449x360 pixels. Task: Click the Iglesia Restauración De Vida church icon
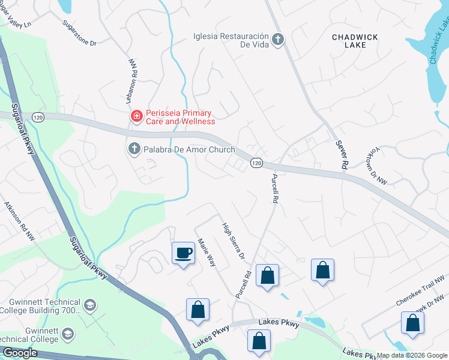277,40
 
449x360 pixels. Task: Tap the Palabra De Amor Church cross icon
134,148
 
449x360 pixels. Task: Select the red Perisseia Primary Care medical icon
137,116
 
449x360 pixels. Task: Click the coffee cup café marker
183,253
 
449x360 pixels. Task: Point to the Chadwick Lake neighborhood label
355,41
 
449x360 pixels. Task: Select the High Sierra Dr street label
234,241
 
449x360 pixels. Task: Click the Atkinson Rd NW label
20,221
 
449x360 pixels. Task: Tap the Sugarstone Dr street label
79,34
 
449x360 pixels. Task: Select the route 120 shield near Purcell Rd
256,163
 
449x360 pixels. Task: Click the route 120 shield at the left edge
38,116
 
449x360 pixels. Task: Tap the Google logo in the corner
19,353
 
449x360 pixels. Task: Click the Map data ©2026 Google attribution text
411,355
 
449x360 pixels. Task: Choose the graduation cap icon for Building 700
89,305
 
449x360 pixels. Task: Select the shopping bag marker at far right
412,323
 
